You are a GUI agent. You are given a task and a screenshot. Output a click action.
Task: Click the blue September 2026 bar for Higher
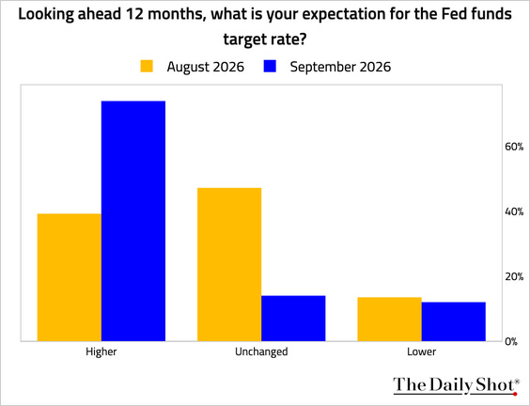(133, 221)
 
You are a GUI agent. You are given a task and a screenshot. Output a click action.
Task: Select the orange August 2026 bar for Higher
(70, 277)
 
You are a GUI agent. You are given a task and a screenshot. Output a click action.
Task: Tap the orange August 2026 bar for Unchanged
(229, 264)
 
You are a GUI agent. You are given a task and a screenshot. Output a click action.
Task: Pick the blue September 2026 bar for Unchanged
(293, 318)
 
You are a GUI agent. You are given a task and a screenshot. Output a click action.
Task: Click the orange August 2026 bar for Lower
(389, 320)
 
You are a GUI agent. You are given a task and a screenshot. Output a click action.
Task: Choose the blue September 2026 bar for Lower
(454, 321)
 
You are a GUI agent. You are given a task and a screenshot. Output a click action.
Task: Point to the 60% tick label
(514, 147)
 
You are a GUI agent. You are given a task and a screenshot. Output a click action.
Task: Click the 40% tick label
(514, 211)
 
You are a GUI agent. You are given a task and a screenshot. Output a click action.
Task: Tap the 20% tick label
(514, 276)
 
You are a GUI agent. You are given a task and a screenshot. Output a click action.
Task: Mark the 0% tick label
(511, 341)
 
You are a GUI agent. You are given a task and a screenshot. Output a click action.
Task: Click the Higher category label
(101, 351)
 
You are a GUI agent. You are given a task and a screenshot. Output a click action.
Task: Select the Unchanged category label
(261, 351)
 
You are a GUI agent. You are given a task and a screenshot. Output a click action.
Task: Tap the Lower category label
(422, 351)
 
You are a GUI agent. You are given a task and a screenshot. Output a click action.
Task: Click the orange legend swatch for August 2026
(147, 67)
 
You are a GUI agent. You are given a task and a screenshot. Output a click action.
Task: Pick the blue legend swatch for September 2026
(270, 67)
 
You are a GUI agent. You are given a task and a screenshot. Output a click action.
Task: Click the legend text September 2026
(340, 67)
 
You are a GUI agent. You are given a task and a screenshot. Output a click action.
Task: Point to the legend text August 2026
(206, 67)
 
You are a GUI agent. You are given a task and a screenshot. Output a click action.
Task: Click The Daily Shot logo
(457, 385)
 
